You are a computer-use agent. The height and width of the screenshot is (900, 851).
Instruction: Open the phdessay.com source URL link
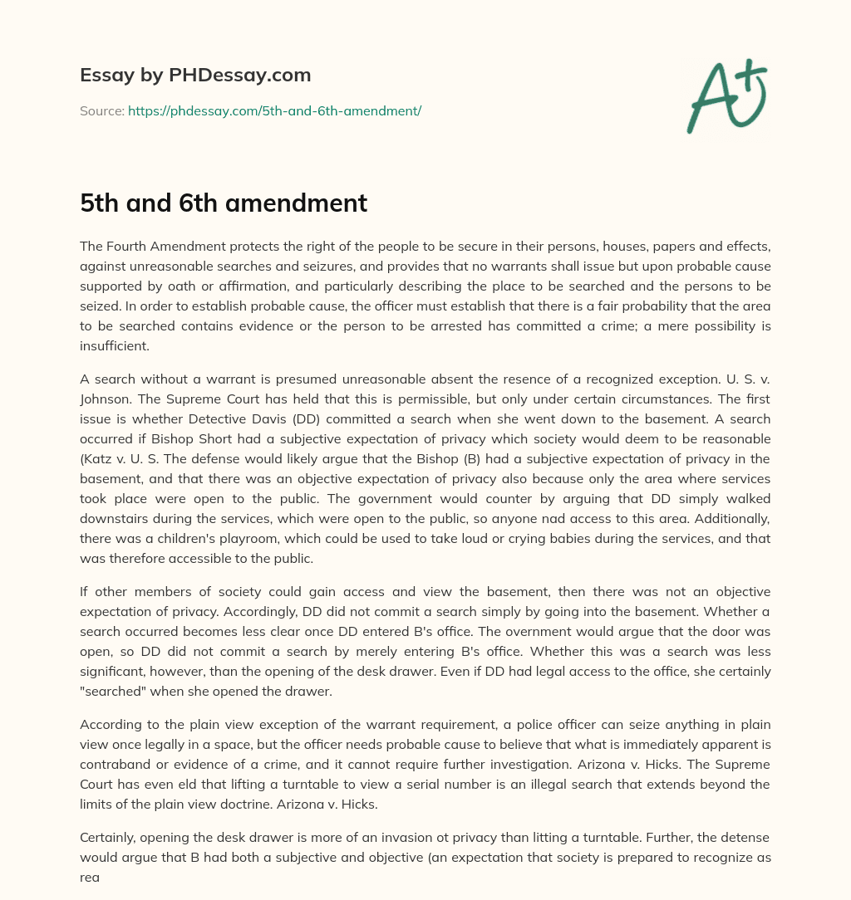coord(274,110)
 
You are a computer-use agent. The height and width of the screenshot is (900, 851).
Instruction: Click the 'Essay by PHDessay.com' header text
coord(195,76)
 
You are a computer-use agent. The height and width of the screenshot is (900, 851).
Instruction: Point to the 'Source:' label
coord(102,110)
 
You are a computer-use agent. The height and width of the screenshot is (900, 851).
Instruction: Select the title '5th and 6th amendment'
coord(224,203)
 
